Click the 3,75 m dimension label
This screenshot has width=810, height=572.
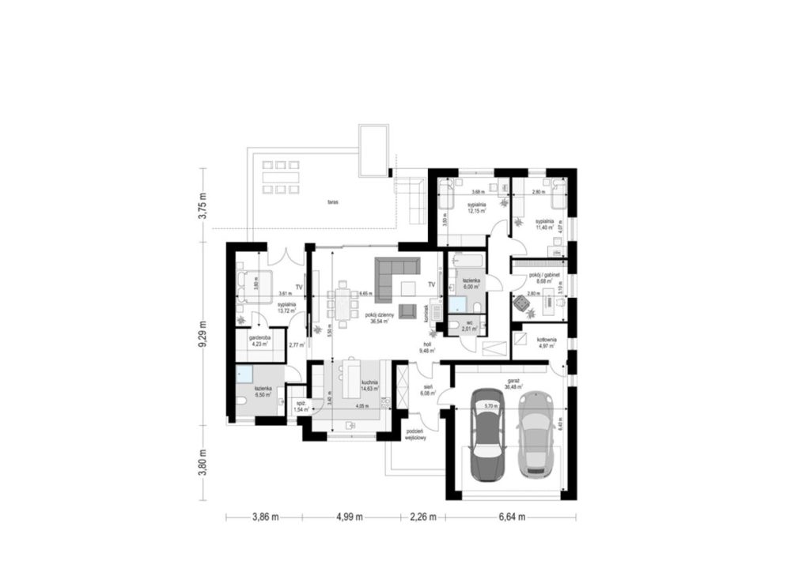click(x=202, y=206)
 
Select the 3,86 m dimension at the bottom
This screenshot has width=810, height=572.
click(x=265, y=518)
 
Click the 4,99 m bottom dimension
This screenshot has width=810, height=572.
click(x=349, y=518)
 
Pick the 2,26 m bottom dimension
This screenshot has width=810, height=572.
click(x=424, y=518)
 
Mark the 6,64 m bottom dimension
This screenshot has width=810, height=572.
click(x=511, y=518)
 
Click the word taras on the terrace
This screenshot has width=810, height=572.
click(x=333, y=202)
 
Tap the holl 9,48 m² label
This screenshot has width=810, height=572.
click(x=427, y=347)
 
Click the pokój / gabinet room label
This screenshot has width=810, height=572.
click(x=544, y=277)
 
